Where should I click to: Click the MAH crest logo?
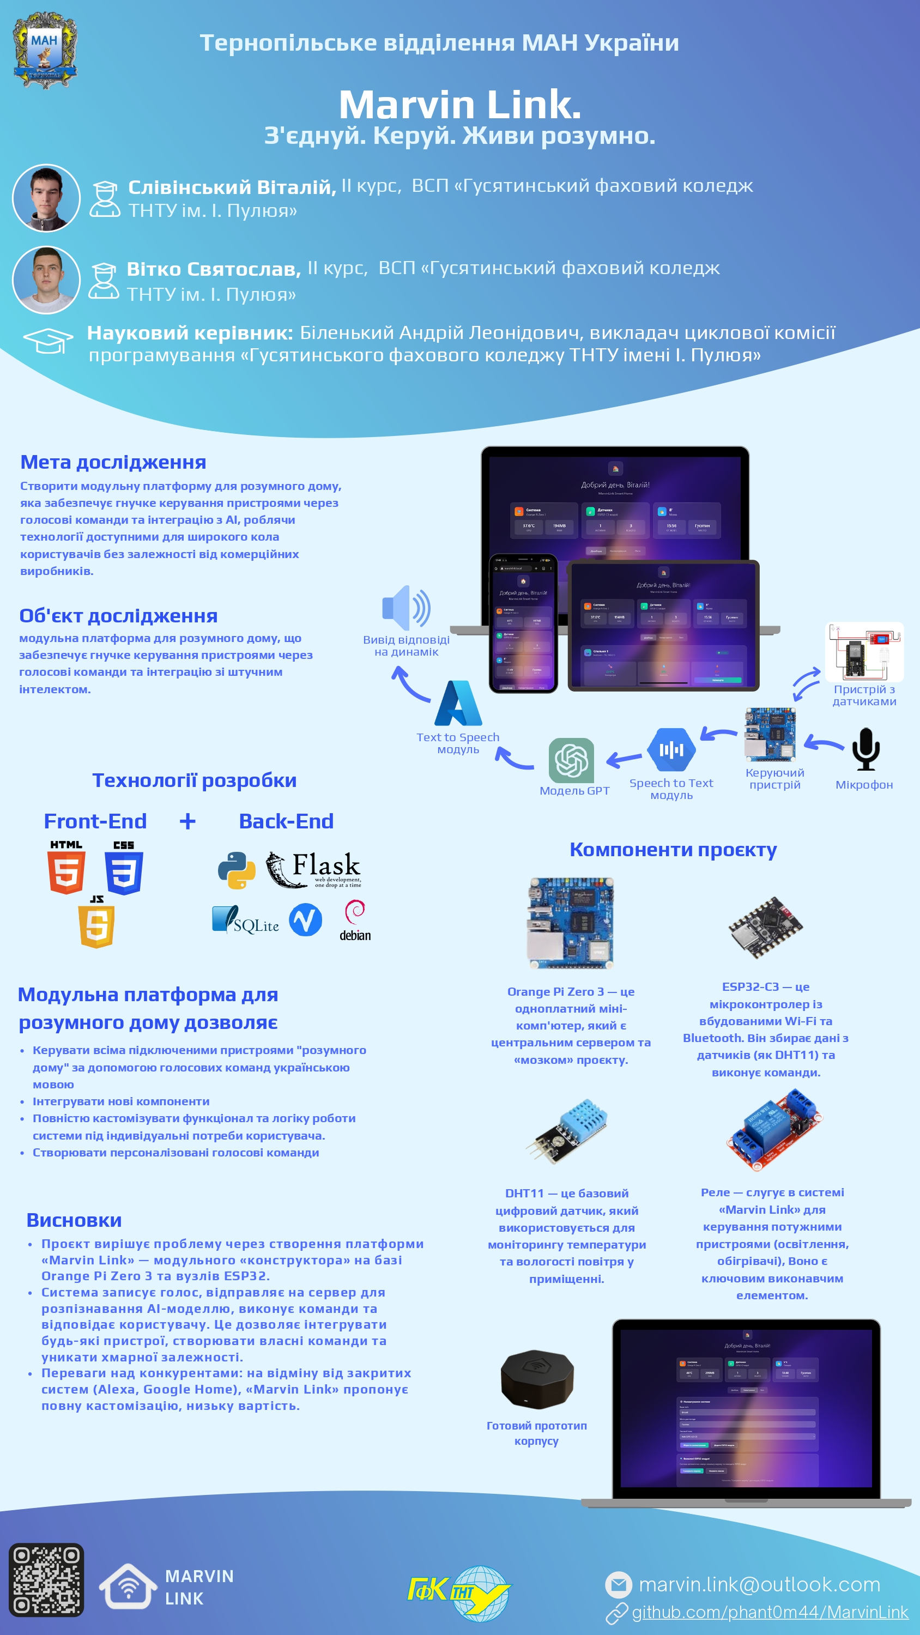45,50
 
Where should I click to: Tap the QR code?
46,1579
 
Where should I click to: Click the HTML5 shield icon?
66,868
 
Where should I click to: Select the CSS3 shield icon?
124,868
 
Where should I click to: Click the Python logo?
236,870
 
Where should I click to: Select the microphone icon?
865,749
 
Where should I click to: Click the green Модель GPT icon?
571,760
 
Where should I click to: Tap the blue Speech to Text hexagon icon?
671,749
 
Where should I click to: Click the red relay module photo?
773,1130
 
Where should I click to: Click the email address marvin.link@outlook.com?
759,1585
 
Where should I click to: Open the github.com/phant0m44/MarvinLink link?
770,1612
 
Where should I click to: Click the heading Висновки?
74,1220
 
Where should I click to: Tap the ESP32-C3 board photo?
765,927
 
